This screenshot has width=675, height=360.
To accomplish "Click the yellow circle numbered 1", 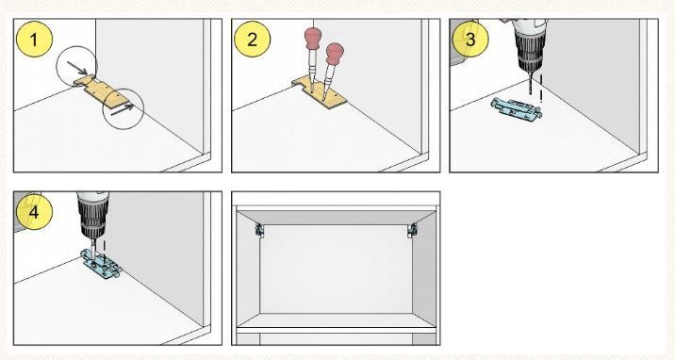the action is (34, 40).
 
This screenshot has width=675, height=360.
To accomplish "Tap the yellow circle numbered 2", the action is (253, 40).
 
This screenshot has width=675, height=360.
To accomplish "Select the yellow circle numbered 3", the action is (470, 40).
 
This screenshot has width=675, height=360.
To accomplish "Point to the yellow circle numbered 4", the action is (34, 212).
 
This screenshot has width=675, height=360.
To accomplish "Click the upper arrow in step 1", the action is (77, 68).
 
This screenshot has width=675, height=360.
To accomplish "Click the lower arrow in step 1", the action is (122, 110).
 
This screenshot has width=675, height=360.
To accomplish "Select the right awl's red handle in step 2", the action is (335, 54).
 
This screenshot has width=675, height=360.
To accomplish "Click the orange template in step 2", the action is (320, 92).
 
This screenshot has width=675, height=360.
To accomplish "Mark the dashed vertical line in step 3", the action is (541, 89).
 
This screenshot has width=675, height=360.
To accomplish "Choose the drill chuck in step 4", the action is (93, 221).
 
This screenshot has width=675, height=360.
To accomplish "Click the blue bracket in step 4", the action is (102, 266).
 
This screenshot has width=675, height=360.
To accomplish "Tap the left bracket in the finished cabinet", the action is (259, 230).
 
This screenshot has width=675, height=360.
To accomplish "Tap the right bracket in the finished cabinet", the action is (412, 230).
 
